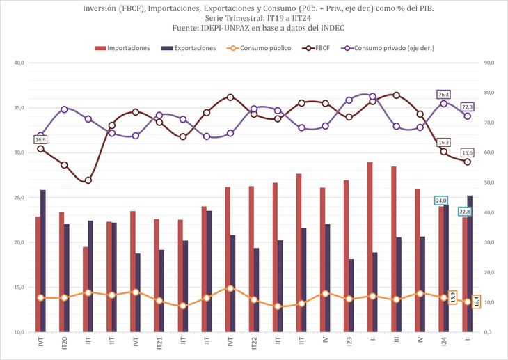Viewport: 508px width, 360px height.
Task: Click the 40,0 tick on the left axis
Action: click(x=19, y=63)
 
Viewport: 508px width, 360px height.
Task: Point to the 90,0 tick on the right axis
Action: click(x=490, y=63)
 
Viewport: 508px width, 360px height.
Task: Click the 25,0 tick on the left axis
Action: click(x=19, y=198)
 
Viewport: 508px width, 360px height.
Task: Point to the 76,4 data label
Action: click(x=444, y=94)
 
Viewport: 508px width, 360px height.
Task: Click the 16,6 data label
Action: click(x=40, y=140)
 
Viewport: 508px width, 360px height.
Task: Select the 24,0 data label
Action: click(x=440, y=201)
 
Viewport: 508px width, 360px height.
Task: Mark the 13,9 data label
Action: click(x=453, y=297)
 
